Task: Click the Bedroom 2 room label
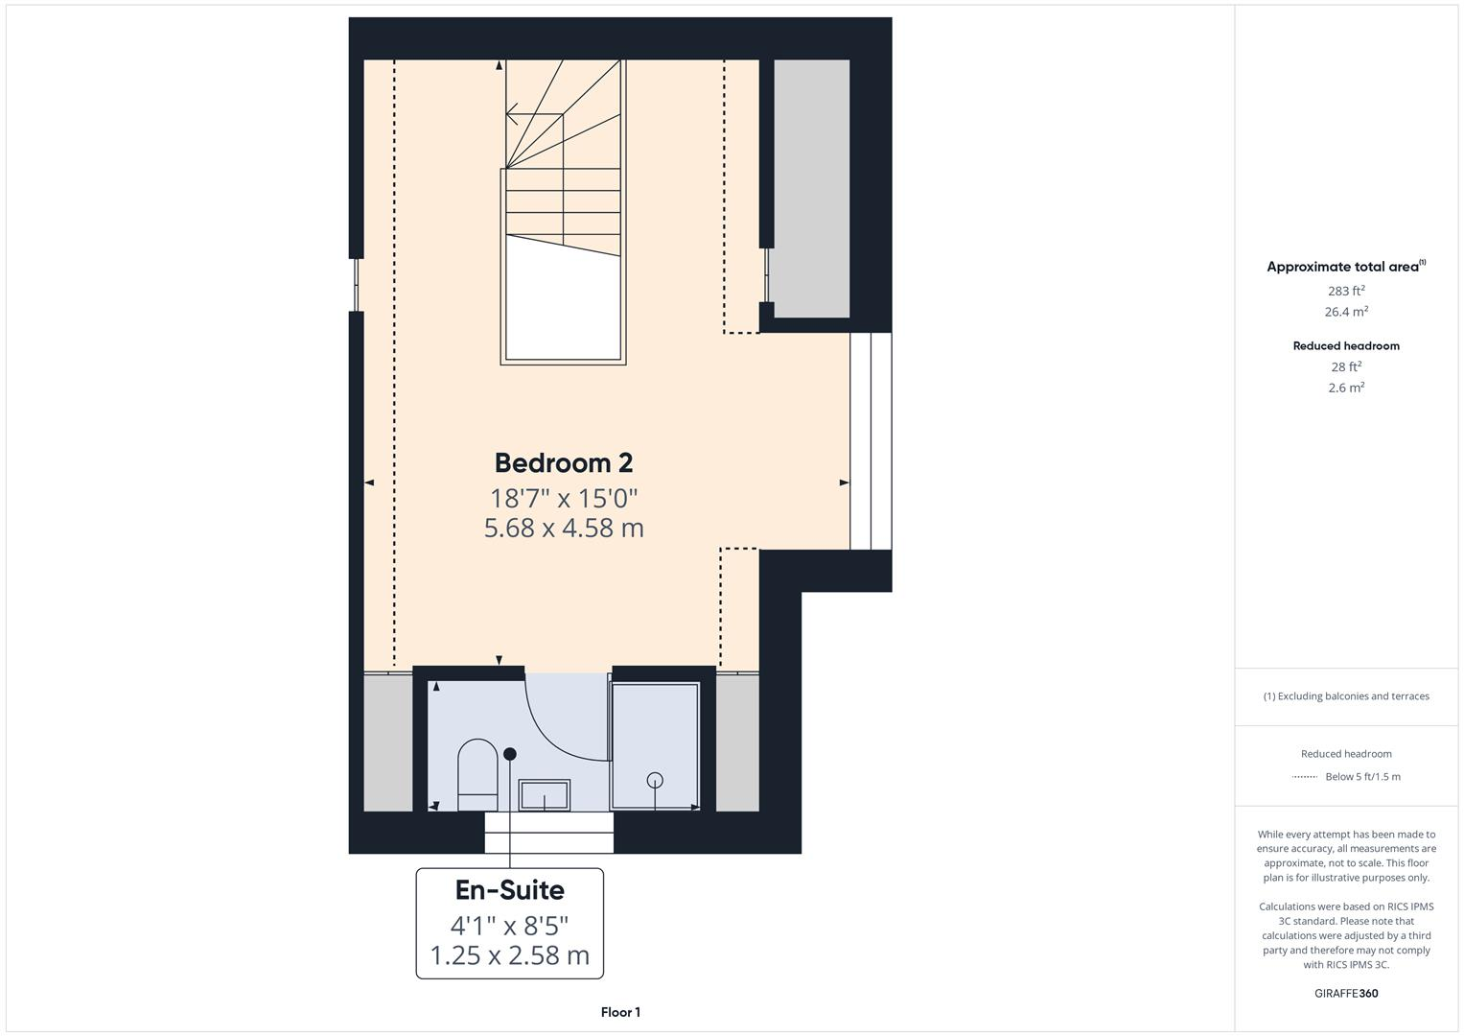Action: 564,463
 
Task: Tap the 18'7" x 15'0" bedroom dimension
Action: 564,499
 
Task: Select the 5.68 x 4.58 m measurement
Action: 564,528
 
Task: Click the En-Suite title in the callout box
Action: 509,890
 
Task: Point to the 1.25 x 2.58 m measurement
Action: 509,955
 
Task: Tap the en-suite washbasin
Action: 545,795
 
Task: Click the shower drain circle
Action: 656,780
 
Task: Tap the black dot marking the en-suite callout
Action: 510,754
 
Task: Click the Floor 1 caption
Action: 620,1012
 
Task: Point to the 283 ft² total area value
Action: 1346,291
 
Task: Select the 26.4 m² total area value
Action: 1346,312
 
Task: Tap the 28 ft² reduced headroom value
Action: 1346,366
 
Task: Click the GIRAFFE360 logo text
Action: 1346,993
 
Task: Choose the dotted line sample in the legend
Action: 1304,777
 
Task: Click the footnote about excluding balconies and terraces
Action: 1346,696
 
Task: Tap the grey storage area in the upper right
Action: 811,187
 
